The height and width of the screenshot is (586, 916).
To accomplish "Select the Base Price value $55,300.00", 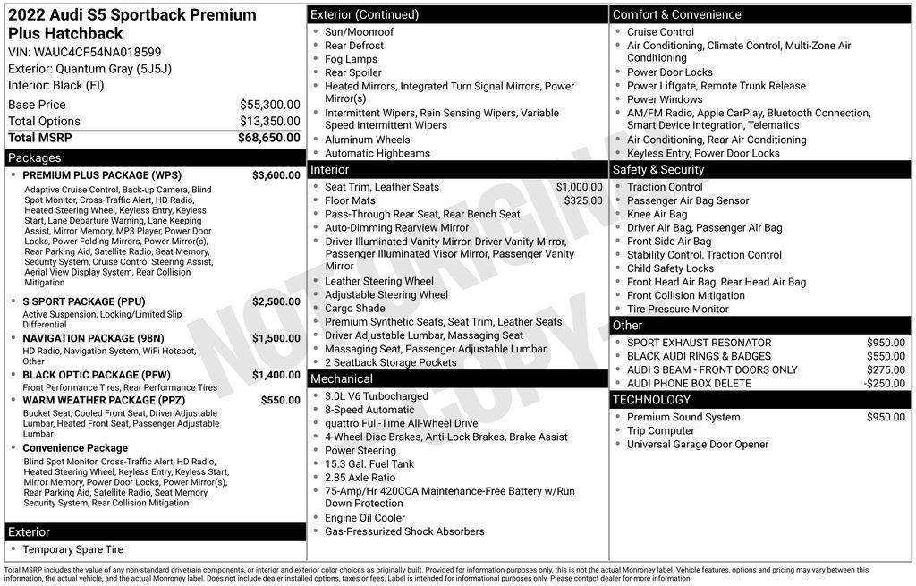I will click(x=269, y=105).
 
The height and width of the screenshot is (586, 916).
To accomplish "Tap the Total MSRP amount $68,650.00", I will click(x=268, y=138).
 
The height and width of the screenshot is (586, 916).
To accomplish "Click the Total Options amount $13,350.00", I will click(x=269, y=121).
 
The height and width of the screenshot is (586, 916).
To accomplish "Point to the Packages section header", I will click(x=35, y=157).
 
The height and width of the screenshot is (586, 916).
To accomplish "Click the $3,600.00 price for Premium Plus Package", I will click(x=276, y=175).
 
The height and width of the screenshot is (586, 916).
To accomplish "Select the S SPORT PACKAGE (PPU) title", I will click(x=83, y=301).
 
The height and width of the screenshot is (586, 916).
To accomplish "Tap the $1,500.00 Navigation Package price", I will click(x=276, y=338).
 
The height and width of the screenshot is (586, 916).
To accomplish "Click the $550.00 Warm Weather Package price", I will click(x=280, y=400).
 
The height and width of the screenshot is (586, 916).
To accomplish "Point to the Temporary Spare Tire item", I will click(x=72, y=549).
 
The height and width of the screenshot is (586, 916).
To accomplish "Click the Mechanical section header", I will click(x=341, y=379).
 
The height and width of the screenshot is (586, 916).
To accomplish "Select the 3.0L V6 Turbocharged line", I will click(x=376, y=396).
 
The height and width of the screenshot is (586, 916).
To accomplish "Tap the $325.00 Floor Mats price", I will click(x=583, y=200).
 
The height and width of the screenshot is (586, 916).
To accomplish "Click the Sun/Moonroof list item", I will click(x=359, y=32).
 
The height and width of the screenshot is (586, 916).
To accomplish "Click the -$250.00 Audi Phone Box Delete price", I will click(x=884, y=383).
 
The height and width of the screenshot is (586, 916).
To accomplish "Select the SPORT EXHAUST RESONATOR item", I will click(x=699, y=343).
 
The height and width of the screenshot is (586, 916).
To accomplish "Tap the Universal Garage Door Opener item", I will click(x=697, y=445).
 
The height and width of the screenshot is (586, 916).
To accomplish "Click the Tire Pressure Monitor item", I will click(x=677, y=309).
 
